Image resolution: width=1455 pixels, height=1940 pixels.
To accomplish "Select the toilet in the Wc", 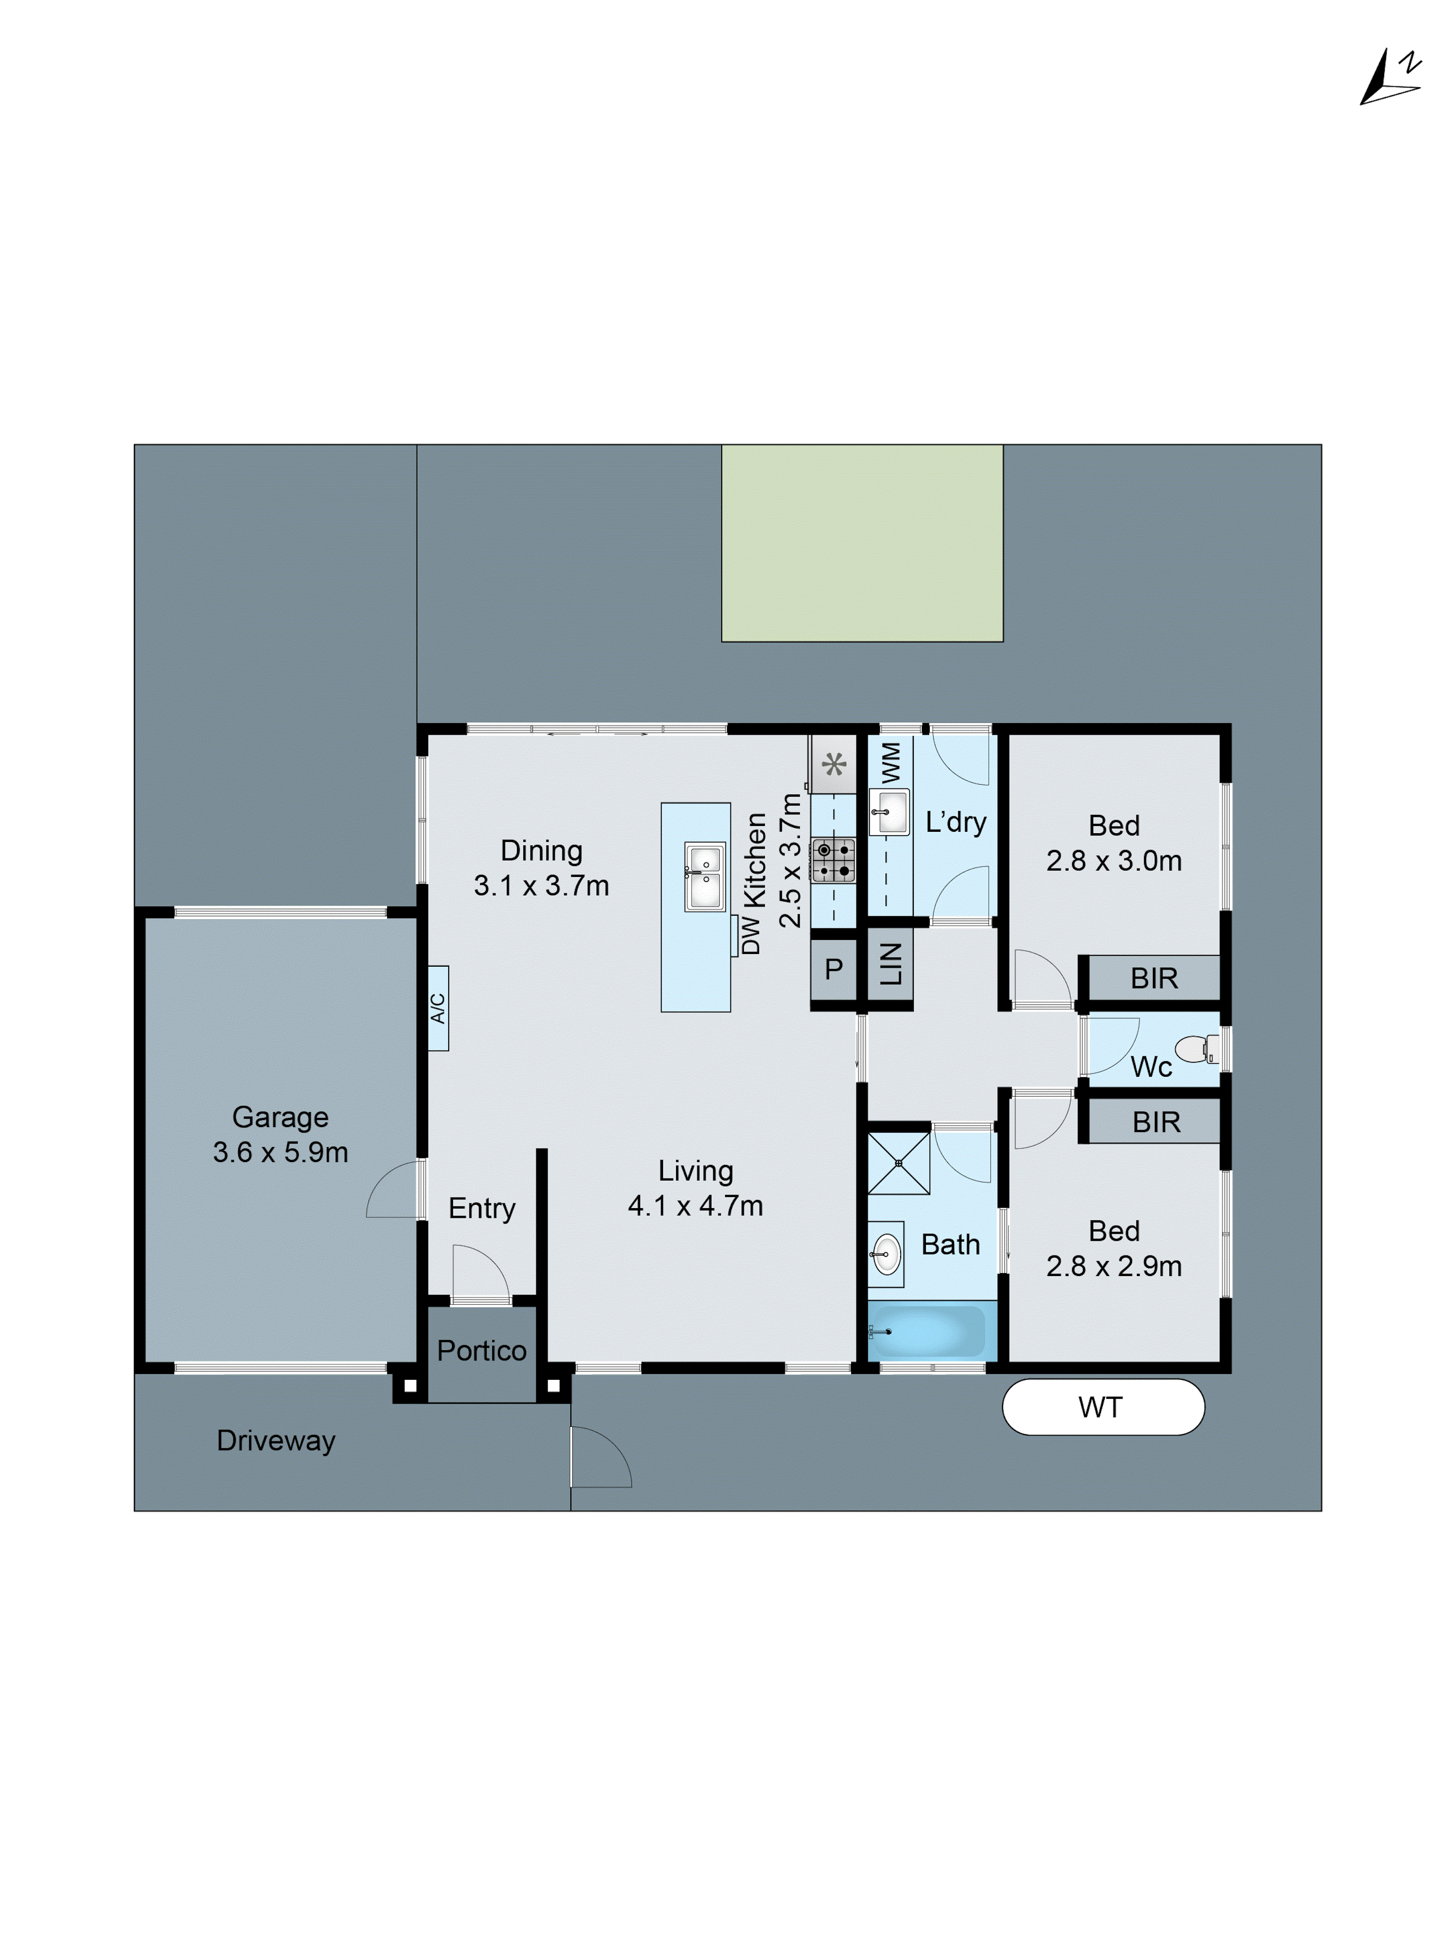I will [1196, 1048].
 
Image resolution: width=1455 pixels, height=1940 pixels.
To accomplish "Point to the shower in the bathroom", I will [898, 1163].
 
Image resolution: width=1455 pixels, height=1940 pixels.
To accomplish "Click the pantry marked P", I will [833, 969].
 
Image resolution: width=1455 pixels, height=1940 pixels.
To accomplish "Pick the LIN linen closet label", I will [890, 965].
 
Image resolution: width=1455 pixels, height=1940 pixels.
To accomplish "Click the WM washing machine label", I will [890, 762].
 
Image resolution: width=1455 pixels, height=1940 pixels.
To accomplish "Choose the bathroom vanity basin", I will [886, 1254].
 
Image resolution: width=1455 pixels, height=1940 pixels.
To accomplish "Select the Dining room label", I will [541, 851].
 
